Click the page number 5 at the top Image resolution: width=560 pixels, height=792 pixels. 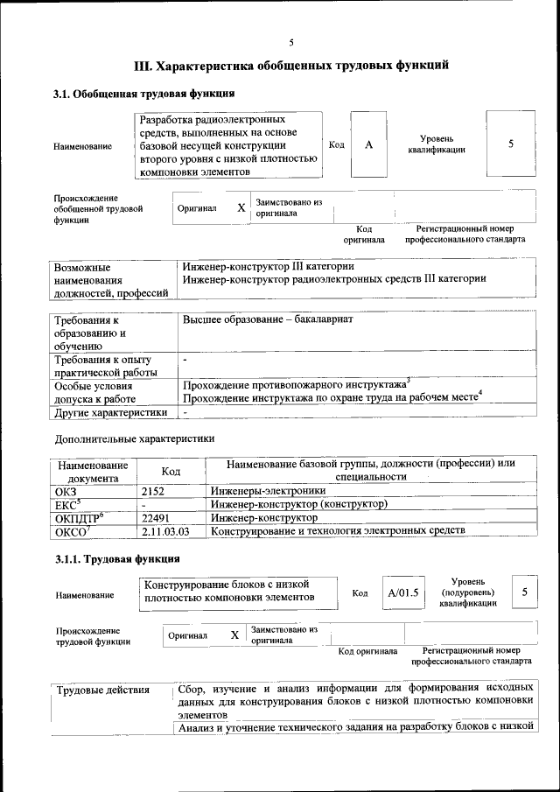pyautogui.click(x=291, y=41)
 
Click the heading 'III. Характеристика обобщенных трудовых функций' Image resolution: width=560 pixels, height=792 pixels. pyautogui.click(x=291, y=65)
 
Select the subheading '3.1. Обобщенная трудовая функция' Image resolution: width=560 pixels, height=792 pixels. pyautogui.click(x=143, y=94)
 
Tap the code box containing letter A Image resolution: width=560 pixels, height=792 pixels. pyautogui.click(x=369, y=144)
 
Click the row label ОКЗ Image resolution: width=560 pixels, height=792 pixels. pyautogui.click(x=66, y=492)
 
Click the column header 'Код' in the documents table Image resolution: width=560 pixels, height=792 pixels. pyautogui.click(x=171, y=471)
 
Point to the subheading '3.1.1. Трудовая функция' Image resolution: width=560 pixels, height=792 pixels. pyautogui.click(x=117, y=560)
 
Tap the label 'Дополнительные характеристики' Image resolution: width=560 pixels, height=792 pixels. pyautogui.click(x=134, y=438)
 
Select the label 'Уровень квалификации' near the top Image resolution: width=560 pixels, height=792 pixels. pyautogui.click(x=436, y=144)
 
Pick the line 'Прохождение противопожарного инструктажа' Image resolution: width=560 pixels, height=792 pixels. pyautogui.click(x=295, y=384)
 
